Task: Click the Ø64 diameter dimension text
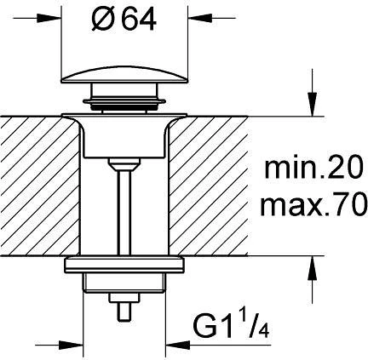coord(124,20)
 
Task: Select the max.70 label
coord(313,203)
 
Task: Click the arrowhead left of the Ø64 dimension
coord(49,18)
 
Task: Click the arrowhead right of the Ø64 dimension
coord(199,18)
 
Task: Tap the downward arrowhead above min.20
coord(313,104)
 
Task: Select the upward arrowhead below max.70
coord(313,268)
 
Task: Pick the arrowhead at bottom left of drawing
coord(71,346)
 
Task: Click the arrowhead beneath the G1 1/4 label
coord(178,346)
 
